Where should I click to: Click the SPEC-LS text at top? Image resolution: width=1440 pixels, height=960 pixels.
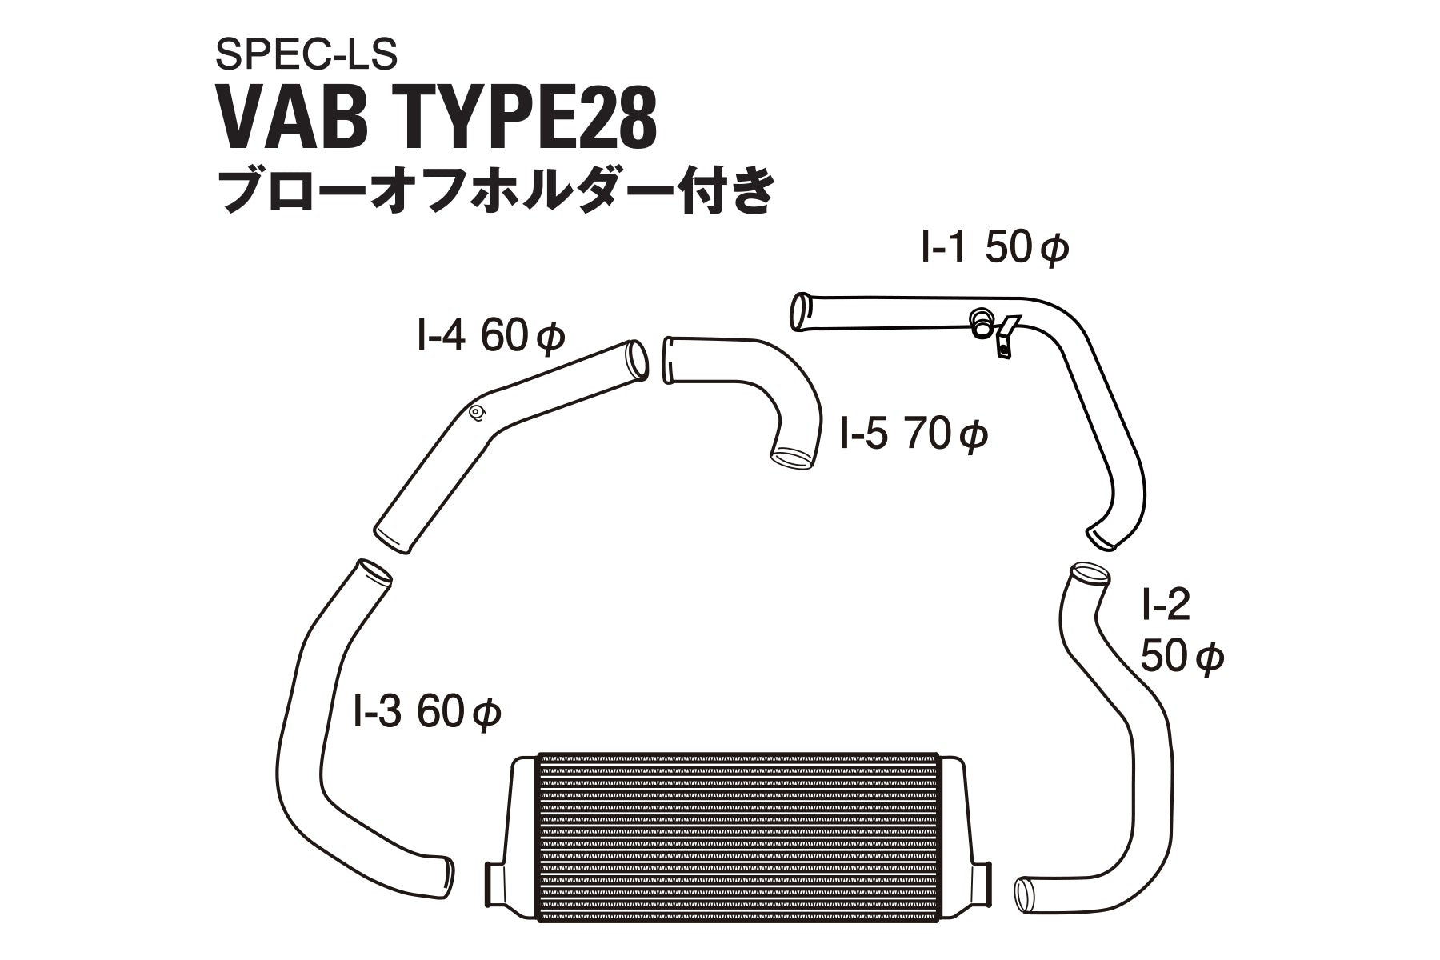tap(306, 55)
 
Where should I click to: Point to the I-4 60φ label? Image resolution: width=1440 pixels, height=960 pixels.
tap(490, 338)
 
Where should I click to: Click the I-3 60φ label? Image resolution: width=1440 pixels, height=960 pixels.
tap(426, 711)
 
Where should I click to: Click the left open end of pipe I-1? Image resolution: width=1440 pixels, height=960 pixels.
tap(798, 311)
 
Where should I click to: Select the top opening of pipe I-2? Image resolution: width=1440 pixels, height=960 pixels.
tap(1089, 573)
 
